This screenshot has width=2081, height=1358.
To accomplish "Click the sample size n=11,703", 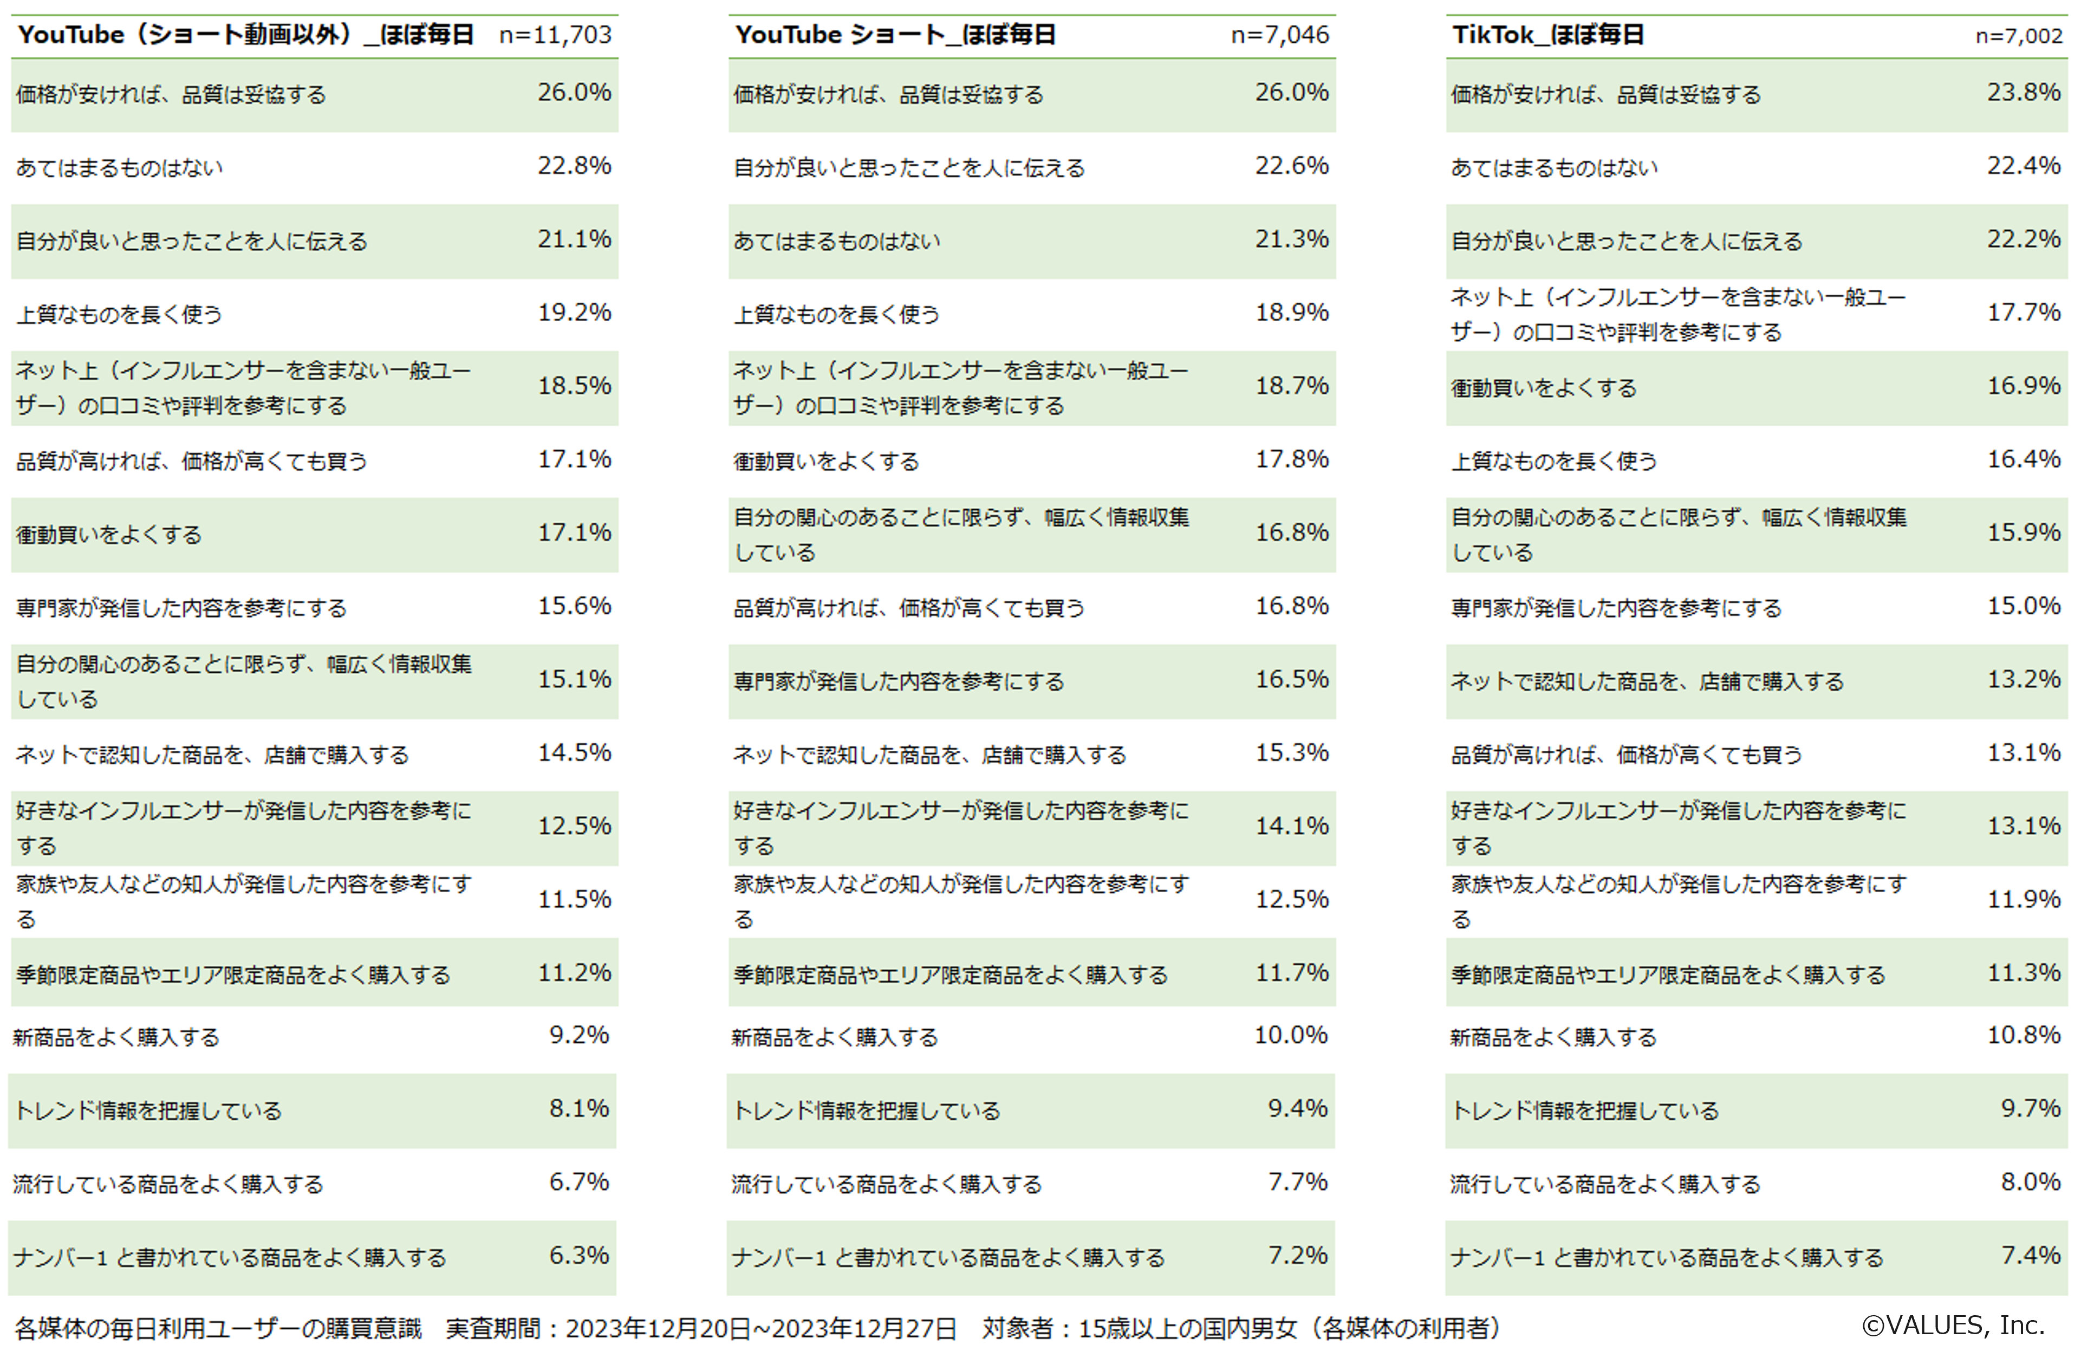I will point(555,35).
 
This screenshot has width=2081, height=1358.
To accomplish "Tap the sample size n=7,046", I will point(1279,35).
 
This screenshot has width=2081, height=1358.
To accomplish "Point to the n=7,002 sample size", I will point(2019,36).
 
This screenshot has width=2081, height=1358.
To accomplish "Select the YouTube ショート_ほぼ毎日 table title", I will point(895,35).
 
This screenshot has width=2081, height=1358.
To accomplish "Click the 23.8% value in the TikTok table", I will point(2023,92).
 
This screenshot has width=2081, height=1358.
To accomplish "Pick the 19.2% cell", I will point(574,312).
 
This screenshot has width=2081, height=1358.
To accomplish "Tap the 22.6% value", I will point(1291,165).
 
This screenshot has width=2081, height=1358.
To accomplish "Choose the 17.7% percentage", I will point(2023,312).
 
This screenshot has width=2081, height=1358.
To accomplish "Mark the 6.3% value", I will point(579,1255).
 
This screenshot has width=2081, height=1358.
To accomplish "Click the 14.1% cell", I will point(1291,826).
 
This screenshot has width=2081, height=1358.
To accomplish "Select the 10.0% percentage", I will point(1291,1035).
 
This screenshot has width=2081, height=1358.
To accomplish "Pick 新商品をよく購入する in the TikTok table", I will point(1553,1037).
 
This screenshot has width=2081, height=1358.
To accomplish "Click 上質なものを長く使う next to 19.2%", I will point(119,314).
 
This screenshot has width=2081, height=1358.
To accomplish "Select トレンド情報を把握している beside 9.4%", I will point(866,1110).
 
